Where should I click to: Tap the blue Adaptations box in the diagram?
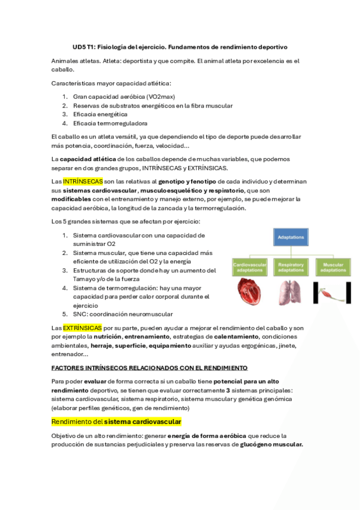coord(291,237)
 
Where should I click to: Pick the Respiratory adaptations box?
coord(291,268)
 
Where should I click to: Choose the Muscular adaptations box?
coord(332,268)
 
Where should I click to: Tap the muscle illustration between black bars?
coord(332,293)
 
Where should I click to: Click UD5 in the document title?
coord(80,46)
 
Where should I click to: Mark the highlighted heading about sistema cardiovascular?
coord(116,422)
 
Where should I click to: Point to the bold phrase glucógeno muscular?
coord(271,444)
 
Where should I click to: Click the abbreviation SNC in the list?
coord(80,314)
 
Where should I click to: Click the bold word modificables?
coord(72,198)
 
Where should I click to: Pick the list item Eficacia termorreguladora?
coord(102,123)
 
